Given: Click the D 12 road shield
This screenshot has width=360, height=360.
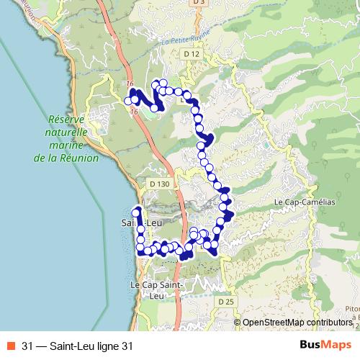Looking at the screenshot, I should point(191,54).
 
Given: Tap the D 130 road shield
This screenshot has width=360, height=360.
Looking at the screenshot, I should point(160,184).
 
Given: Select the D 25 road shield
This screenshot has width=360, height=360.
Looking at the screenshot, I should point(226,301).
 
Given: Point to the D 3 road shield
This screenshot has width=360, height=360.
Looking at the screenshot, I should point(199,3).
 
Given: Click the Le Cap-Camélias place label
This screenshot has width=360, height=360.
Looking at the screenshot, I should point(305,203).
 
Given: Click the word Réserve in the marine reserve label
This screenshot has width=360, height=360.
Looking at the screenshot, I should point(66,120).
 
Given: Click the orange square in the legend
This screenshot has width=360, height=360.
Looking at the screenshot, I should point(11,346).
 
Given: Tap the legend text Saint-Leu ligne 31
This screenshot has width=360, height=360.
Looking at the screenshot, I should point(86,346).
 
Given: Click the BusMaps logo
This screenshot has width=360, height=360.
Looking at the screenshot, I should point(325,345).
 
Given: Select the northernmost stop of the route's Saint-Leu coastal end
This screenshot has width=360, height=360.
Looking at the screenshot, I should point(136,212).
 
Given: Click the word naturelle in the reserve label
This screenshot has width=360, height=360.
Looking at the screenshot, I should point(66,132).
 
